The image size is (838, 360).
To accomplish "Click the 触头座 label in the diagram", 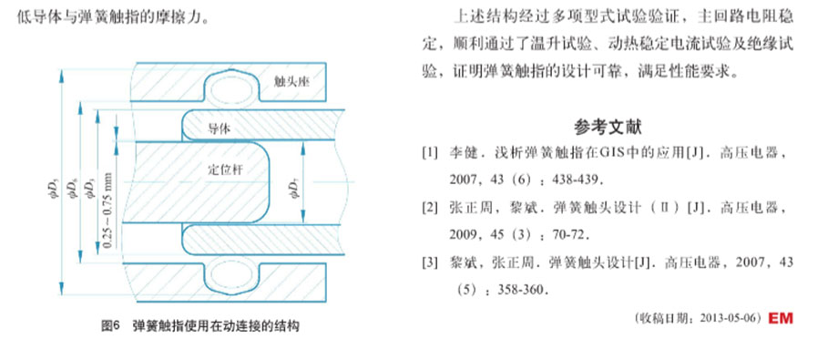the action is pos(292,81).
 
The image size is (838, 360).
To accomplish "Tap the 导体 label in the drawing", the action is pos(219,128).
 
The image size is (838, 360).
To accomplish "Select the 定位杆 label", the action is pos(223,170).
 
